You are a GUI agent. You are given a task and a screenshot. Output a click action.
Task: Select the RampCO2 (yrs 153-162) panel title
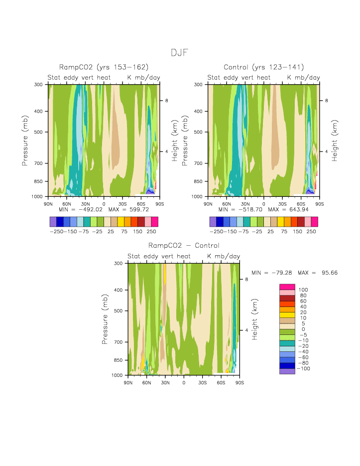tap(104, 67)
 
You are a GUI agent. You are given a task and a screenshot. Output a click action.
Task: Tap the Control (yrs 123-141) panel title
tap(264, 67)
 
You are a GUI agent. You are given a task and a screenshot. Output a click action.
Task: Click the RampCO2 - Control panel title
tap(184, 246)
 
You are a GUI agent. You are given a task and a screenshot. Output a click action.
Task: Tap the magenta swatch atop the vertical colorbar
tap(286, 286)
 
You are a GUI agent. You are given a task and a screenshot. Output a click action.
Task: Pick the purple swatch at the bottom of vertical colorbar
tap(286, 371)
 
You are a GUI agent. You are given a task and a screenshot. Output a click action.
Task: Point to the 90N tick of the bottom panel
tap(128, 382)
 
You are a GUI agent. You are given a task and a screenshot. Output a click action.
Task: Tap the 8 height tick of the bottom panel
tap(247, 279)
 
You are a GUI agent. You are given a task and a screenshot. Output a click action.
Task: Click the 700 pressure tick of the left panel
tap(40, 163)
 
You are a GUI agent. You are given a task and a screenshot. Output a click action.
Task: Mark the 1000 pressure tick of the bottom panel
tap(118, 375)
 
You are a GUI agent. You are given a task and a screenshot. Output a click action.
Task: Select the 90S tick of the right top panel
tap(319, 203)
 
